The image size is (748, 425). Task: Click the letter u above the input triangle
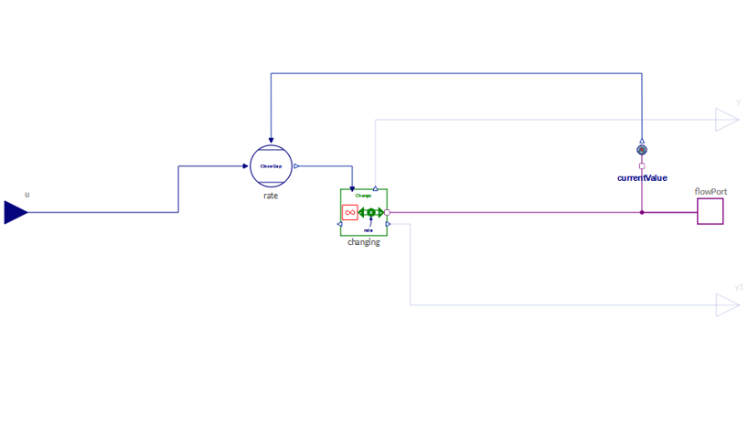[x=27, y=194]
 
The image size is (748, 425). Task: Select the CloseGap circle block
[x=271, y=166]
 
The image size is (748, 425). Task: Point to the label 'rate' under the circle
[x=271, y=196]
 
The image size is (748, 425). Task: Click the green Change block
[x=364, y=212]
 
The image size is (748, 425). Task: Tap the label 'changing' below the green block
[x=364, y=242]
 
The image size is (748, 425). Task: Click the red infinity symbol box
[x=349, y=212]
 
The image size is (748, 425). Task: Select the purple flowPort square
[x=710, y=212]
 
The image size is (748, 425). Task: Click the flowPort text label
[x=710, y=192]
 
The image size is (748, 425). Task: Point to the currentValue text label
[x=642, y=178]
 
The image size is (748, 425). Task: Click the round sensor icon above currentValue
[x=642, y=150]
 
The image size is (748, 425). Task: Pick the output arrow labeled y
[x=727, y=120]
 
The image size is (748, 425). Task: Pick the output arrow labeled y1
[x=727, y=305]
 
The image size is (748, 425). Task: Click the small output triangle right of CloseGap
[x=296, y=166]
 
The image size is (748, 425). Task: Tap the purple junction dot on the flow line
[x=642, y=212]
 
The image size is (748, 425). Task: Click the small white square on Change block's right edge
[x=387, y=212]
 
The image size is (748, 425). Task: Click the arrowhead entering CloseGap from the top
[x=271, y=141]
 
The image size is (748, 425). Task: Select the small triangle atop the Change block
[x=376, y=186]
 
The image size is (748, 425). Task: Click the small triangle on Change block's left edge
[x=339, y=224]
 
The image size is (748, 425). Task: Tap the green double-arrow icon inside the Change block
[x=370, y=213]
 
